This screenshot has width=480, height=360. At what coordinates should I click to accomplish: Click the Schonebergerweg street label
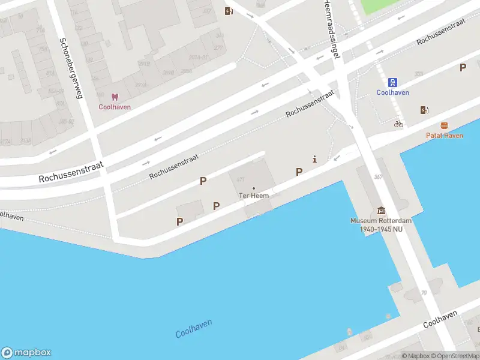click(x=71, y=67)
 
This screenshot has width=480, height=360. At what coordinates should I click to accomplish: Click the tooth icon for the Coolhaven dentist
click(x=115, y=97)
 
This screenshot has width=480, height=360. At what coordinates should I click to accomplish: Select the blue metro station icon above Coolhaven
click(x=393, y=82)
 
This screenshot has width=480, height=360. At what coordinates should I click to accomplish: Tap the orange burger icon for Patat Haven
click(x=444, y=125)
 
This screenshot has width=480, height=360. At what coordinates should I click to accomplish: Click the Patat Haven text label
click(x=444, y=136)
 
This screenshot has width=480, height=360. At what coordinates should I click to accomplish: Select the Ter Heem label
click(x=254, y=196)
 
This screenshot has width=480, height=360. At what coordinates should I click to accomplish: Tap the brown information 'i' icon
click(x=314, y=159)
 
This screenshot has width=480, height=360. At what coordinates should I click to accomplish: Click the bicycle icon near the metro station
click(x=398, y=124)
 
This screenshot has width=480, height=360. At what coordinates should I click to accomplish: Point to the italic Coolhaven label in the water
click(x=194, y=329)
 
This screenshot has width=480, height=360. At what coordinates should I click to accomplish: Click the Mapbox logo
click(x=26, y=353)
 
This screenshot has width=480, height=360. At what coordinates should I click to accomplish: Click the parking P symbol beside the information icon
click(x=299, y=172)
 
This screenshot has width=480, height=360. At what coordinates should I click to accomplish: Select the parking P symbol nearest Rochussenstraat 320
click(x=463, y=68)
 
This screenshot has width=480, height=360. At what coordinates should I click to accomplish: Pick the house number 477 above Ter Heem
click(x=241, y=179)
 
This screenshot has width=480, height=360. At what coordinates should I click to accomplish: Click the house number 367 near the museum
click(x=378, y=176)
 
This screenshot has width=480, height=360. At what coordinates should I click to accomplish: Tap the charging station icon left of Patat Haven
click(x=425, y=110)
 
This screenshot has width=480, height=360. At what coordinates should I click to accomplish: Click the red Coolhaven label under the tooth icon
click(x=115, y=107)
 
